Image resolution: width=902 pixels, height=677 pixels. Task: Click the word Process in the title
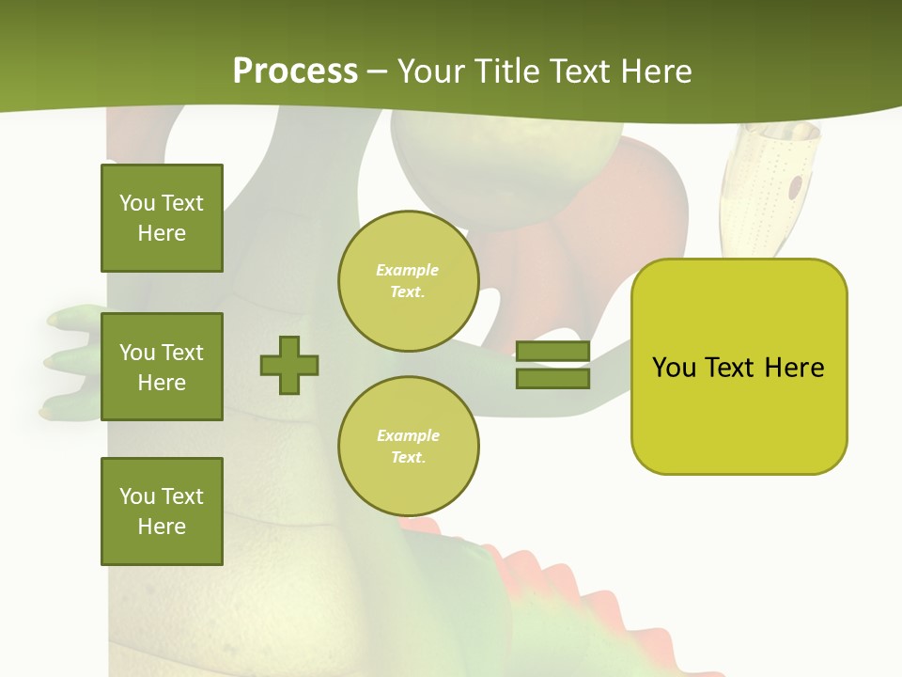point(295,71)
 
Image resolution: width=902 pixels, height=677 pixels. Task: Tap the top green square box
point(162,218)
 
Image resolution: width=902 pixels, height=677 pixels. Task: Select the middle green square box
point(162,367)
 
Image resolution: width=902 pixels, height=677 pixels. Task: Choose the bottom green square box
point(162,512)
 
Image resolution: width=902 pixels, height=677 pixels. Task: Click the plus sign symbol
point(289,365)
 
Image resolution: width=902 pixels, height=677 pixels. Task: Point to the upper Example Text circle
point(408,281)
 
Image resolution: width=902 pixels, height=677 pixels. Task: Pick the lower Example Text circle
point(408,447)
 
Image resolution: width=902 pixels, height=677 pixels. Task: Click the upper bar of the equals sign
point(552,352)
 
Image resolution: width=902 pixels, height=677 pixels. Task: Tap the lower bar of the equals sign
point(552,378)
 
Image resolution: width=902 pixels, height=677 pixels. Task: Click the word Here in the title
point(658,71)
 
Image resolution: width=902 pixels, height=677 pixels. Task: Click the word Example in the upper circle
point(408,270)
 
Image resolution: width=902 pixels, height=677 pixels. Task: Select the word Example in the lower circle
point(408,435)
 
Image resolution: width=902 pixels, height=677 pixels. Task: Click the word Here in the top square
point(162,233)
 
